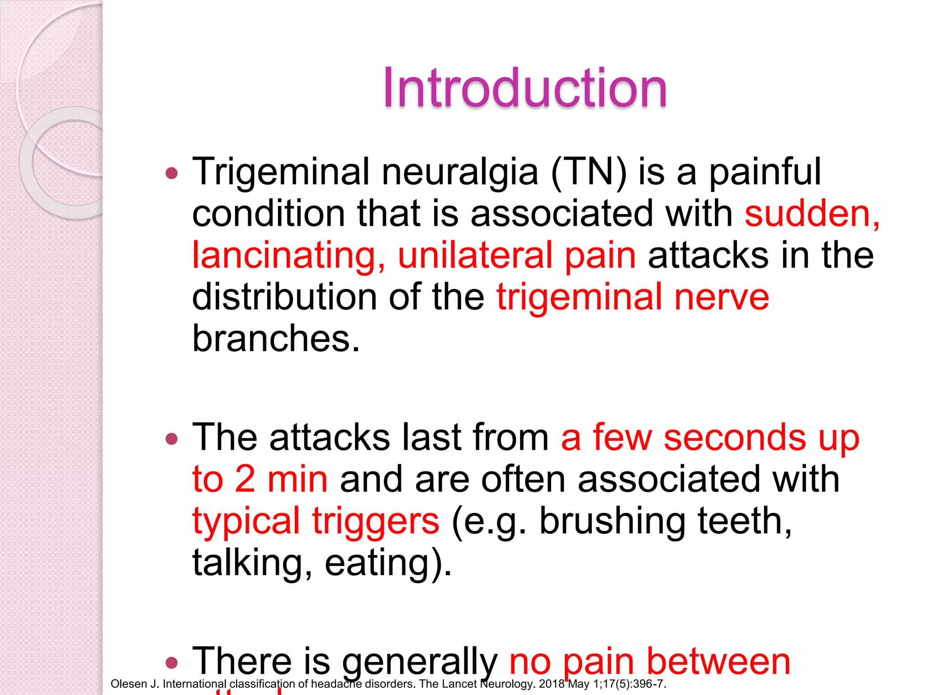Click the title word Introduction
(524, 88)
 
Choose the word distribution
(284, 297)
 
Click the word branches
(275, 338)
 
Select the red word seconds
(735, 438)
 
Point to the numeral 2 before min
(245, 479)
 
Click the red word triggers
(375, 521)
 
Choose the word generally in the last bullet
(419, 662)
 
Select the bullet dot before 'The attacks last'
(172, 438)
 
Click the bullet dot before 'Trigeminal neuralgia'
(172, 173)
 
